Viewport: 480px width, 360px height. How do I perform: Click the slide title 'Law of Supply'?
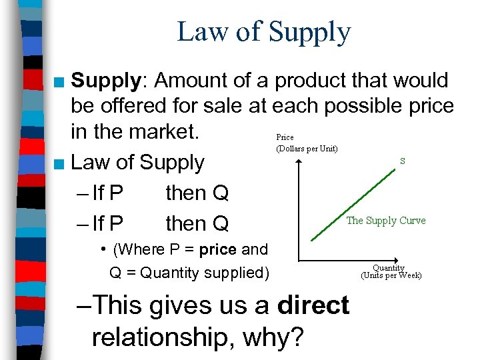(263, 33)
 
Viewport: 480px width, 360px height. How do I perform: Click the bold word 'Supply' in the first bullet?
(106, 81)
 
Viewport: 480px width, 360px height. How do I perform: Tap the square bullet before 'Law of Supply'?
(60, 163)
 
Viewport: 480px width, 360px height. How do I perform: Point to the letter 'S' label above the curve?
(402, 161)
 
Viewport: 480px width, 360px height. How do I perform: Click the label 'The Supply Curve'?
(385, 221)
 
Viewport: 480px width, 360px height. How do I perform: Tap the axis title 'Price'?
(285, 137)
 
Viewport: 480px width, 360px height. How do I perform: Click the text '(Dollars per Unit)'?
(307, 147)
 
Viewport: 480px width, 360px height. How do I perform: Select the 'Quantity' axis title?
(389, 268)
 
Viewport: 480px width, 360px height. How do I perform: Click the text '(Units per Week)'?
(391, 275)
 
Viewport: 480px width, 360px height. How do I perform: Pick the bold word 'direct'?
(313, 305)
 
